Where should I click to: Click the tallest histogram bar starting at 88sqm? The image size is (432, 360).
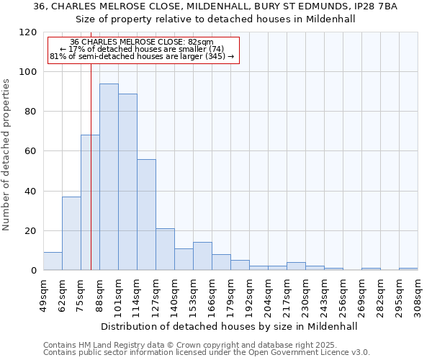tap(109, 177)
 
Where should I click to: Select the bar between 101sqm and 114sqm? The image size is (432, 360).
tap(127, 182)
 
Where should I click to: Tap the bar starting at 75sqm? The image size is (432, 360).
tap(90, 202)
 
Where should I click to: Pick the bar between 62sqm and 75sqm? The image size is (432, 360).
tap(71, 233)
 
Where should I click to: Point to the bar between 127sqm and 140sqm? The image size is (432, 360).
tap(165, 249)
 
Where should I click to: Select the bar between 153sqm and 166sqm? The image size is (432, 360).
tap(202, 256)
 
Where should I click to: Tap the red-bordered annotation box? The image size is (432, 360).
tap(142, 50)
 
